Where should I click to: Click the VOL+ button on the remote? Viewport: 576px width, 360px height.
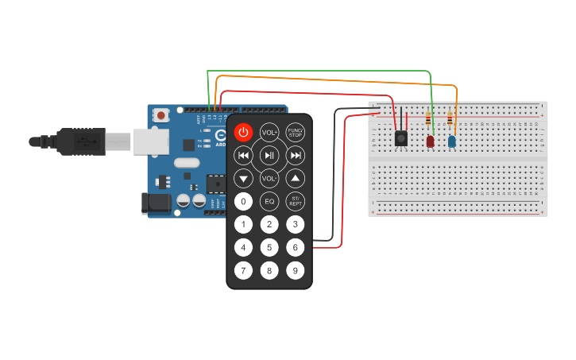(269, 132)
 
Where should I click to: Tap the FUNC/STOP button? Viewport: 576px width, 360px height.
(295, 132)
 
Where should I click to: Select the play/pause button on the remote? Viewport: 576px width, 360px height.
(269, 155)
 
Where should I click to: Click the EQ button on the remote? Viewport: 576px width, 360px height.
(269, 201)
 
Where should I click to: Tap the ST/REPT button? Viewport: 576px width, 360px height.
(295, 201)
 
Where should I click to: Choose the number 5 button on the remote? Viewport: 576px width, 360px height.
(269, 248)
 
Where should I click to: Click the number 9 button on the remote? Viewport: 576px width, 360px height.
(295, 271)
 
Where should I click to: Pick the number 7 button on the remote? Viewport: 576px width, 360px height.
(244, 271)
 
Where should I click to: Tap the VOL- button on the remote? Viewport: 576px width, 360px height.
(269, 178)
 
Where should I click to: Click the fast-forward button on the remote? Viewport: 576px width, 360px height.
(295, 155)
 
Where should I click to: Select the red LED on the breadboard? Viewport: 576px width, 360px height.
(431, 141)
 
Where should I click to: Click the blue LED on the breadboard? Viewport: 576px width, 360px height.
(451, 141)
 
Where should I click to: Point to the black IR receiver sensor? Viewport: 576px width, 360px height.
(402, 138)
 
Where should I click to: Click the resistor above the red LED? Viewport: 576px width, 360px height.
(429, 120)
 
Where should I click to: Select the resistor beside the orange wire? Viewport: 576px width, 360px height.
(450, 120)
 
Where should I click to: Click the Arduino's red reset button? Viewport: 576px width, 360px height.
(162, 115)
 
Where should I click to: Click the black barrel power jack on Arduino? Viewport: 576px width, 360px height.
(156, 203)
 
